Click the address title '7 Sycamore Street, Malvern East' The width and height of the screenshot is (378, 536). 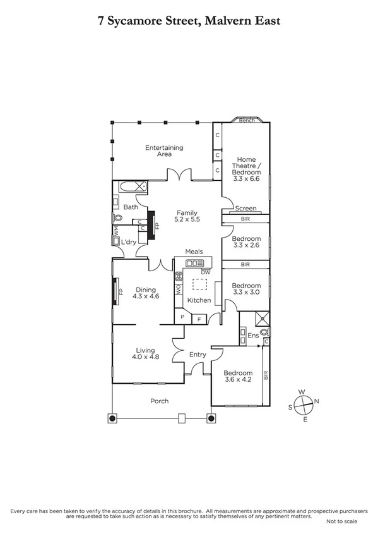189,21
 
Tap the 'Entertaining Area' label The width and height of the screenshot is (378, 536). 164,150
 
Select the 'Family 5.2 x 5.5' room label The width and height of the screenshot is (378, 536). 187,216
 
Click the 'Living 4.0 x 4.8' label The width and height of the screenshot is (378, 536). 146,353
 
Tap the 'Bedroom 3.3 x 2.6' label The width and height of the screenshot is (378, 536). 245,242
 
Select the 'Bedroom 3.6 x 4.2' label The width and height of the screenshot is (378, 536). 239,377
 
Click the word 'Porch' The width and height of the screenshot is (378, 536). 159,401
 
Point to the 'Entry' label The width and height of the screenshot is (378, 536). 198,355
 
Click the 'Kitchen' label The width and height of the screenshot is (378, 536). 199,300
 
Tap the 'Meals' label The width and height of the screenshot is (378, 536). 194,252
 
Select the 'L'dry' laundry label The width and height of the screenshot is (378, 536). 130,243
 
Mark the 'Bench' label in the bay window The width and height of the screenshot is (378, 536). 247,120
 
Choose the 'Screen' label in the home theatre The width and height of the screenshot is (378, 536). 245,208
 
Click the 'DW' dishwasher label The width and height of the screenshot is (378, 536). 205,272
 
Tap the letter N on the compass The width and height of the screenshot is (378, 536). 317,401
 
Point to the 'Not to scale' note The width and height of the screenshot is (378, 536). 341,521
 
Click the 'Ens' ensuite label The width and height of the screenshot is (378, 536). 253,335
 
